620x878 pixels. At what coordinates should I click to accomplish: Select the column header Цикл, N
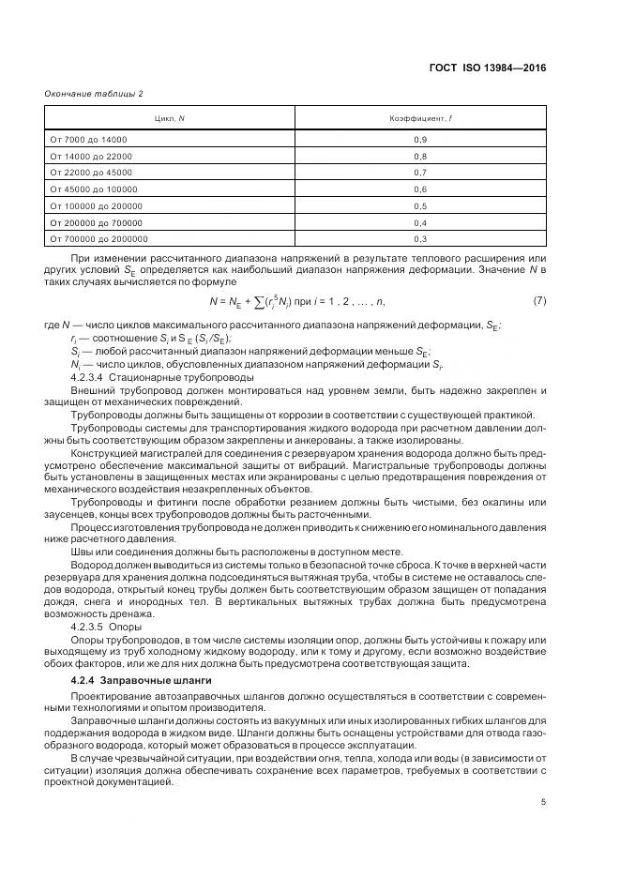[x=170, y=119]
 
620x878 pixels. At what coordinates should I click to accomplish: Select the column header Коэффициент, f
[x=420, y=119]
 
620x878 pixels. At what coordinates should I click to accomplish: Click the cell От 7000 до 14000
[x=88, y=139]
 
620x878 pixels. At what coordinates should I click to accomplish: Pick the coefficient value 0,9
[x=420, y=139]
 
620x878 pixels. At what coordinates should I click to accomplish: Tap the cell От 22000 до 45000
[x=91, y=173]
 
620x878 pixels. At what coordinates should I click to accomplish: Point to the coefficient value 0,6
[x=420, y=189]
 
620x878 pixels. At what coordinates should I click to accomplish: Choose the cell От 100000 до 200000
[x=96, y=206]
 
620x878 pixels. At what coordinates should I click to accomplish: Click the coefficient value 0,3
[x=420, y=240]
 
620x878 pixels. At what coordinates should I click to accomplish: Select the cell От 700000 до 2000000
[x=98, y=240]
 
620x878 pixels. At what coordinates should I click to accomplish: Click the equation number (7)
[x=539, y=301]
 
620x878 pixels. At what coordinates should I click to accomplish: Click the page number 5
[x=543, y=801]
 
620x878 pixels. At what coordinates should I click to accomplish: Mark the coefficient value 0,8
[x=420, y=156]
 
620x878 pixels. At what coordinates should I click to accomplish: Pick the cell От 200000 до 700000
[x=96, y=223]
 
